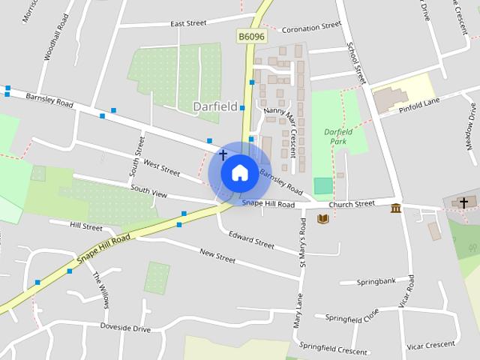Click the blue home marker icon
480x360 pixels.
[x=239, y=172]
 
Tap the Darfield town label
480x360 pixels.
[x=215, y=106]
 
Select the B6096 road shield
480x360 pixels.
[x=252, y=36]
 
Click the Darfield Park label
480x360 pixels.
[x=338, y=136]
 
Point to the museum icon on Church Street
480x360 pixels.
[x=395, y=207]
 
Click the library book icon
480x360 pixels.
[x=323, y=219]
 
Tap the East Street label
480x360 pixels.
[x=187, y=24]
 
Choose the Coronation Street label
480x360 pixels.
[x=310, y=28]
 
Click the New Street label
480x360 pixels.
[x=217, y=256]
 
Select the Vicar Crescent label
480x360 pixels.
[x=430, y=344]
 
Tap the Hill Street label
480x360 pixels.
[x=86, y=226]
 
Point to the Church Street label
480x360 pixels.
[x=355, y=203]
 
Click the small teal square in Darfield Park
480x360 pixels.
[x=322, y=186]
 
